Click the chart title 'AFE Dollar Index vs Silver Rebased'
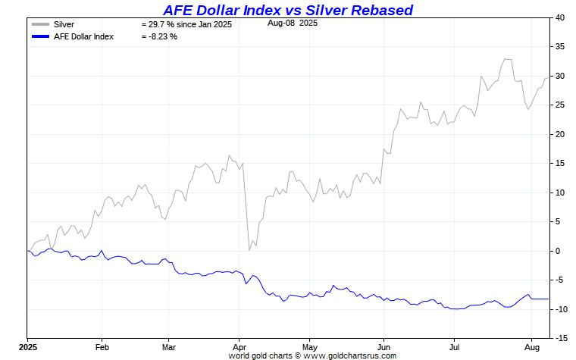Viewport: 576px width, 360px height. [288, 10]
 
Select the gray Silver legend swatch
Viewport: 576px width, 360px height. [40, 24]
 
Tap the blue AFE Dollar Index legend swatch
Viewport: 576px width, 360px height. [40, 36]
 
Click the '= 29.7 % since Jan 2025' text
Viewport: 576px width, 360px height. [186, 24]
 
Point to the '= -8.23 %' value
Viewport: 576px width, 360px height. [159, 36]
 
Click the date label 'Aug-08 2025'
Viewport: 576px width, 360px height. [293, 23]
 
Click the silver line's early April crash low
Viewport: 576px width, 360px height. [249, 250]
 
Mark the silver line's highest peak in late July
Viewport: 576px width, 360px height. [506, 58]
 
